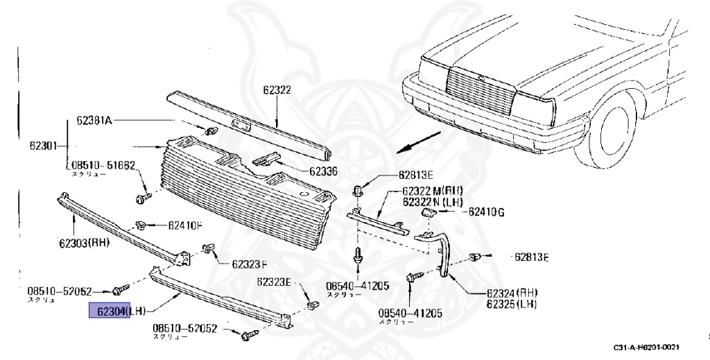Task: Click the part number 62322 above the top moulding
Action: pyautogui.click(x=276, y=89)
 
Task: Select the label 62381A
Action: pyautogui.click(x=94, y=120)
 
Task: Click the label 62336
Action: pyautogui.click(x=323, y=171)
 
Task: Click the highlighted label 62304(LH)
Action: pyautogui.click(x=110, y=312)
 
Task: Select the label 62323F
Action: pyautogui.click(x=249, y=264)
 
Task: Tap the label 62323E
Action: pyautogui.click(x=275, y=282)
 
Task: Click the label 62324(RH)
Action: pyautogui.click(x=512, y=293)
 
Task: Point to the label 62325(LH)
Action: pyautogui.click(x=512, y=304)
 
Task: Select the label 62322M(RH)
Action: pyautogui.click(x=433, y=191)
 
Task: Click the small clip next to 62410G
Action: pyautogui.click(x=428, y=212)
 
